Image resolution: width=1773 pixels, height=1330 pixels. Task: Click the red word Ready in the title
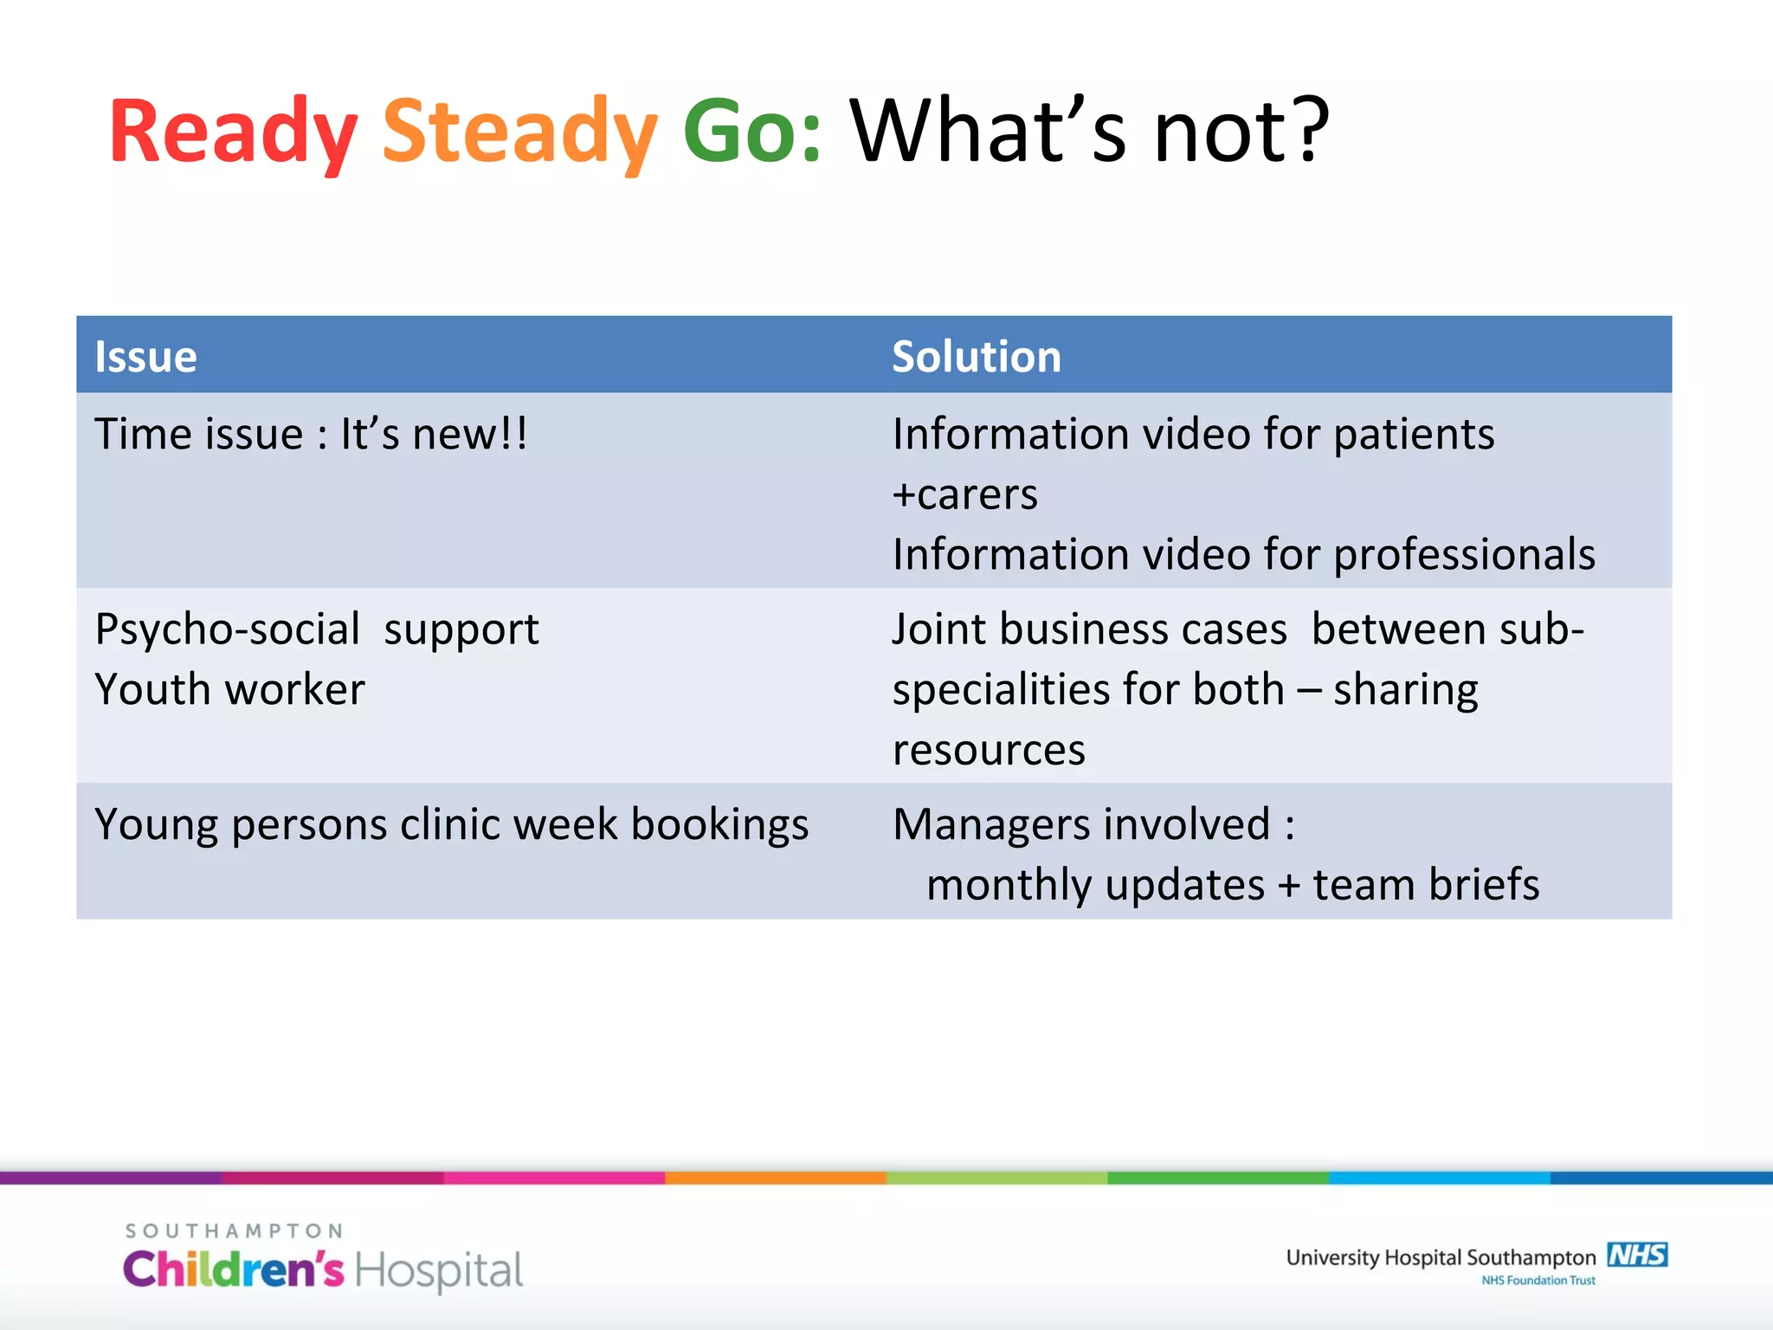click(x=232, y=132)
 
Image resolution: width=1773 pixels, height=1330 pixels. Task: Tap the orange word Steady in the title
click(x=519, y=132)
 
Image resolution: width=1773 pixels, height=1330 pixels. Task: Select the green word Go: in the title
click(x=751, y=132)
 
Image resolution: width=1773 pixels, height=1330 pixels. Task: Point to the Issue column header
click(x=145, y=357)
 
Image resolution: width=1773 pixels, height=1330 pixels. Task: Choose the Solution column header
click(x=977, y=357)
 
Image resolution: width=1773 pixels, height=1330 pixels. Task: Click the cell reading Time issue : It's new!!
click(x=310, y=434)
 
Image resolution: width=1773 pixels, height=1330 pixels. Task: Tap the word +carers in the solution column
click(x=964, y=494)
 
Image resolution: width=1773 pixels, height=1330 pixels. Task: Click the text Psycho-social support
click(x=317, y=629)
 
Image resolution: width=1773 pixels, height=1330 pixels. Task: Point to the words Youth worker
click(x=230, y=690)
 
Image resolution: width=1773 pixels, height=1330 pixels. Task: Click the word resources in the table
click(x=989, y=750)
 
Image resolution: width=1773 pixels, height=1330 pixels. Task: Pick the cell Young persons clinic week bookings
click(x=451, y=824)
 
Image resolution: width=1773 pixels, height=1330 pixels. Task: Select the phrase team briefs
click(x=1426, y=885)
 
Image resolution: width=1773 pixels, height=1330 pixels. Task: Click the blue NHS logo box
click(x=1637, y=1255)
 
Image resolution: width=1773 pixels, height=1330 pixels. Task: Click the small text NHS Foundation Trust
click(x=1538, y=1281)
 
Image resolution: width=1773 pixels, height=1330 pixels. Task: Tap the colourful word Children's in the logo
click(x=234, y=1270)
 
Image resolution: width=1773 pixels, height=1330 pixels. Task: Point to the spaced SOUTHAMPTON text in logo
click(x=234, y=1230)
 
